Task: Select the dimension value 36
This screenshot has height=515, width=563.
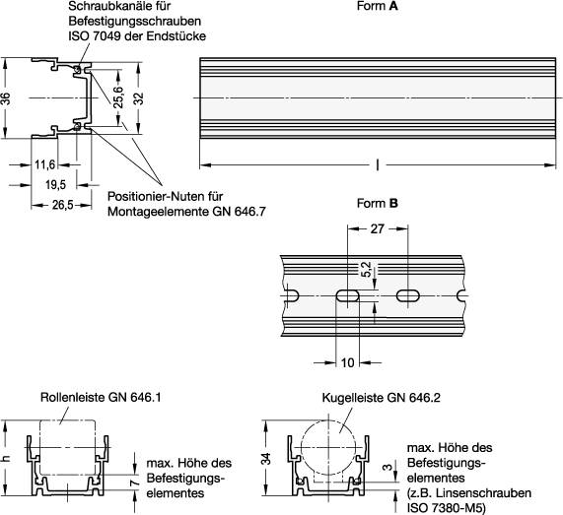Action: (x=7, y=98)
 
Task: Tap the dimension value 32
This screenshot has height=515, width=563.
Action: (x=139, y=98)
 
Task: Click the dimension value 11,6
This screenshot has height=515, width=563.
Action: (x=45, y=164)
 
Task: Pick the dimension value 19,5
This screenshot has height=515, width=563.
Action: (x=55, y=184)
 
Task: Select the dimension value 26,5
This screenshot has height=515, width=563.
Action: (x=62, y=205)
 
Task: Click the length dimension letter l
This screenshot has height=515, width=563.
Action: (x=377, y=164)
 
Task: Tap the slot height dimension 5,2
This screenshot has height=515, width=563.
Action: (x=367, y=269)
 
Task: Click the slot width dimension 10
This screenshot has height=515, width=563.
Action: (x=347, y=362)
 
